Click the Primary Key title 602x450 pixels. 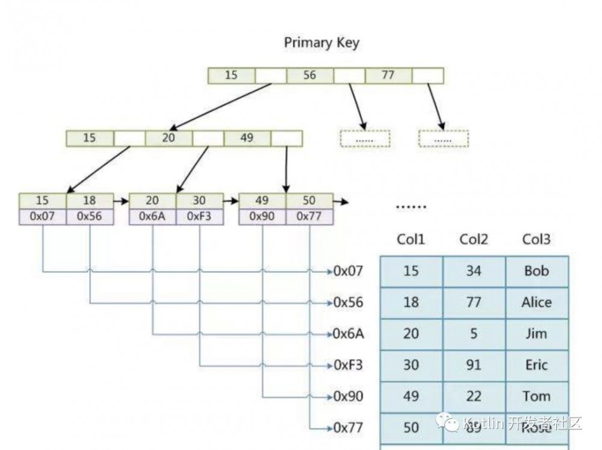pos(321,43)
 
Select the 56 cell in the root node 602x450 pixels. pos(309,75)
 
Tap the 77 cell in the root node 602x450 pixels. pos(388,75)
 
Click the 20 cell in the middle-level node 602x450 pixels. pos(169,138)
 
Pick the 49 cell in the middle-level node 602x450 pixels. pos(247,138)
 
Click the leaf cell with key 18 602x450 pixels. pos(89,201)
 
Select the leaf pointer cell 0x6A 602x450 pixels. pos(153,216)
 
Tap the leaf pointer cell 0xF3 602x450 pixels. pos(199,216)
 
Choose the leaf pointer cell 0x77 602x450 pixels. pos(309,216)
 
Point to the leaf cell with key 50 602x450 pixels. pos(309,201)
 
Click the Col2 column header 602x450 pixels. pos(474,239)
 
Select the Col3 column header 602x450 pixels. pos(536,239)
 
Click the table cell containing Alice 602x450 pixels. pos(536,302)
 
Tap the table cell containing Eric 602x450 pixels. pos(536,365)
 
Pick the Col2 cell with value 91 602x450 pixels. pos(474,365)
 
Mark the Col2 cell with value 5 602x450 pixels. pos(474,334)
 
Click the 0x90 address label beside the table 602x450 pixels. pos(349,396)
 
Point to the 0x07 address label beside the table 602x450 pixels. pos(349,271)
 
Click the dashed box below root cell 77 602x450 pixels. pos(444,139)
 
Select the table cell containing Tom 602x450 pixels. pos(536,396)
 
